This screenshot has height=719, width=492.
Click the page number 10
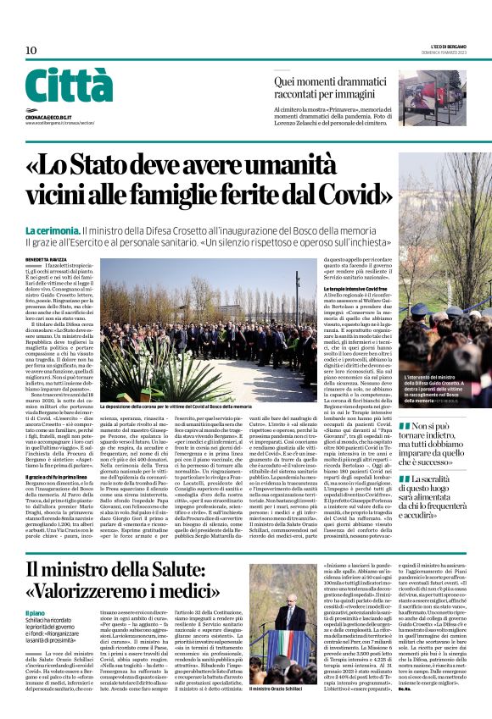(x=31, y=51)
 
